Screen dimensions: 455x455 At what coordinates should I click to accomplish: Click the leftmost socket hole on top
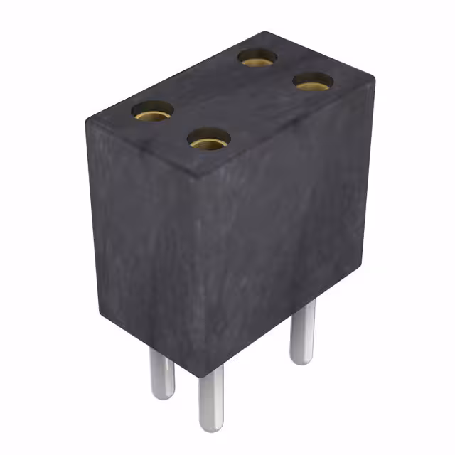point(152,111)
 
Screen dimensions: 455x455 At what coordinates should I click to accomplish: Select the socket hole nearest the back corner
point(257,58)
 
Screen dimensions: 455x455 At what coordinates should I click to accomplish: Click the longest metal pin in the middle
point(210,398)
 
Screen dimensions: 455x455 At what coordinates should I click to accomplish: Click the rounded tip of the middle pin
point(211,427)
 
